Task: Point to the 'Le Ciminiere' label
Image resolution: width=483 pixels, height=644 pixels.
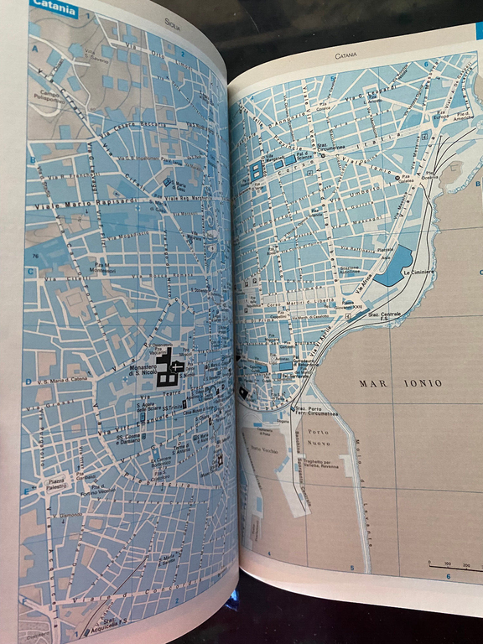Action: point(417,273)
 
